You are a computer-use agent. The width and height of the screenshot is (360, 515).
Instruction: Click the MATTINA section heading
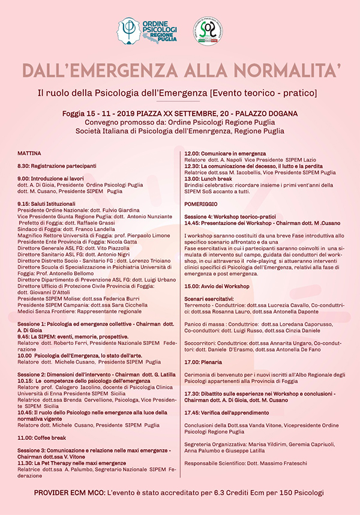click(x=29, y=153)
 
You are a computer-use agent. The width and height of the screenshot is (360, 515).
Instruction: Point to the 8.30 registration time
click(x=23, y=165)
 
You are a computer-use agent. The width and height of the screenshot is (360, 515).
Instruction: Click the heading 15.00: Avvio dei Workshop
click(x=218, y=286)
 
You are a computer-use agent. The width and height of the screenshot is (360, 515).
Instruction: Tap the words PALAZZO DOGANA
click(x=263, y=113)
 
